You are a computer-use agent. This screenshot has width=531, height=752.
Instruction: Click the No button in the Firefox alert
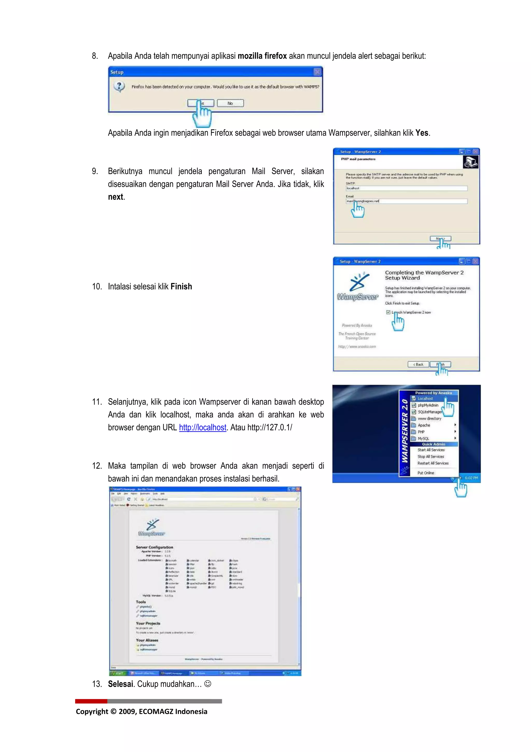click(x=230, y=103)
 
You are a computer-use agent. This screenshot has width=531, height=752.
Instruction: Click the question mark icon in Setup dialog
click(x=119, y=86)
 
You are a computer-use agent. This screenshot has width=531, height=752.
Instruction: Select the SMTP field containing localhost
click(x=406, y=188)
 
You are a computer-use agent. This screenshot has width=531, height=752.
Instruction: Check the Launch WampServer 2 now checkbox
click(x=388, y=312)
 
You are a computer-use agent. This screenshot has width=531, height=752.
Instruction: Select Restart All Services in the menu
click(x=432, y=463)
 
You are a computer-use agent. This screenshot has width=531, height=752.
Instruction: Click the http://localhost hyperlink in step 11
click(x=202, y=427)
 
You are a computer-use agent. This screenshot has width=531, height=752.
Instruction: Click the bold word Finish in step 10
click(x=181, y=286)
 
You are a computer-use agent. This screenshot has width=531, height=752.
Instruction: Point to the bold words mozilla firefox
click(x=262, y=56)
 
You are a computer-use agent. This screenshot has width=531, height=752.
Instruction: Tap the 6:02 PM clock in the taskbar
click(x=471, y=478)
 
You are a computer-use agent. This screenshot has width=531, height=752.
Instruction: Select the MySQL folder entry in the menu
click(x=423, y=438)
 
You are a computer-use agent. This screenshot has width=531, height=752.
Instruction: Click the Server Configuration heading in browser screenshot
click(x=155, y=547)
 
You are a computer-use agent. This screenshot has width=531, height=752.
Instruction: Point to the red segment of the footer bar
click(x=91, y=701)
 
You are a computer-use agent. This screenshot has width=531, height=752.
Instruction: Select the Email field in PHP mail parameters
click(x=406, y=201)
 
